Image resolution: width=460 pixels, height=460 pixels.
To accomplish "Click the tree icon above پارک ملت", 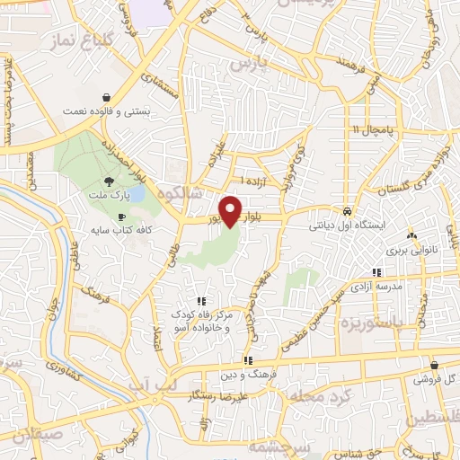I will coord(110,181).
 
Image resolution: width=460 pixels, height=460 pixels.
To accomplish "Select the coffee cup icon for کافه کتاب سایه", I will coord(122,217).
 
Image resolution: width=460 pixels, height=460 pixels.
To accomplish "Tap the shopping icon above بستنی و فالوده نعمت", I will coord(107,98).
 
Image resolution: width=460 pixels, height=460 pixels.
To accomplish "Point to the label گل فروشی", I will coord(435,380).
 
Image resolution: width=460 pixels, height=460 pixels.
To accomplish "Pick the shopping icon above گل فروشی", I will coord(435,366).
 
